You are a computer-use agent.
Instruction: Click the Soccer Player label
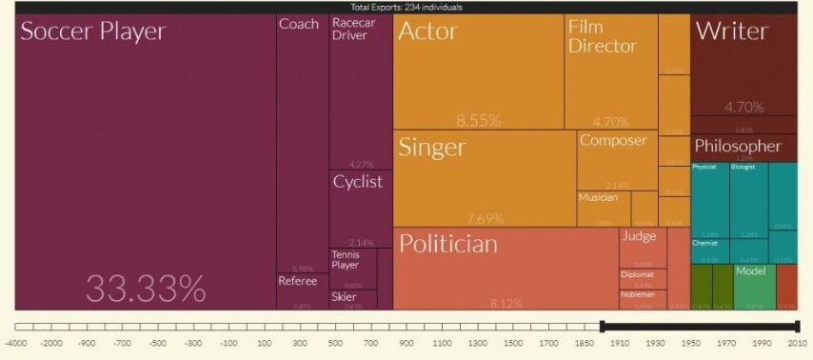tap(93, 31)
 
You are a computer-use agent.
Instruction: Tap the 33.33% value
tap(146, 287)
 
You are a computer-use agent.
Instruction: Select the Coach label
tap(299, 24)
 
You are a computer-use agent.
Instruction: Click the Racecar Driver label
tap(349, 30)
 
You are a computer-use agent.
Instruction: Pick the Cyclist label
tap(357, 182)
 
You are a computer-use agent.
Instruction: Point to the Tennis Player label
tap(346, 259)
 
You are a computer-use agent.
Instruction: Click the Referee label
tap(297, 281)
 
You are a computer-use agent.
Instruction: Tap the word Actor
tap(427, 31)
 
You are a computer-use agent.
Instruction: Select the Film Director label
tap(602, 36)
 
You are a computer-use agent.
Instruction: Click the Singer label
tap(431, 148)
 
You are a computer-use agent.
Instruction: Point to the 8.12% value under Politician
tap(506, 303)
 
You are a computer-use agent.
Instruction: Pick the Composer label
tap(612, 141)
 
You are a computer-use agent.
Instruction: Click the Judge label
tap(639, 236)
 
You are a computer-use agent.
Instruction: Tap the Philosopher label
tap(737, 147)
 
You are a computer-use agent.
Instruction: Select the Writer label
tap(731, 31)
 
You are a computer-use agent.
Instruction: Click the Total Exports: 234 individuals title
tap(406, 7)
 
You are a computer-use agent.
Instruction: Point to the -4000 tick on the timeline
tap(15, 341)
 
